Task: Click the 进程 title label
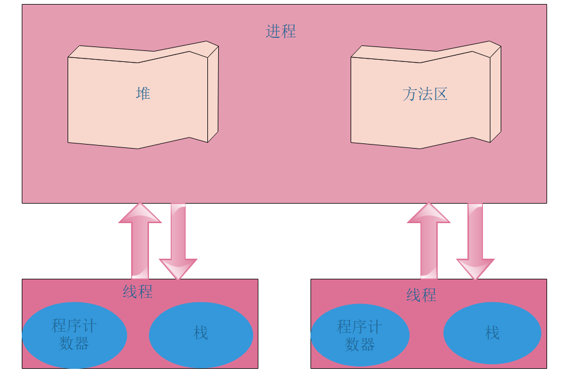(281, 31)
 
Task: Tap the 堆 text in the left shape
(143, 93)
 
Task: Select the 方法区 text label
(424, 94)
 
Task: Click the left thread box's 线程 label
(137, 291)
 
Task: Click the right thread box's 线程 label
(421, 295)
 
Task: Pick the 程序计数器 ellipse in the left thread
(74, 335)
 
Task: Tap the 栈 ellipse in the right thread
(492, 333)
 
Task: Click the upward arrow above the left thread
(140, 244)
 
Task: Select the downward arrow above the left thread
(178, 241)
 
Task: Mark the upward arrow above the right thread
(429, 244)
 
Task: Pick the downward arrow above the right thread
(475, 241)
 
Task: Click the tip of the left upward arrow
(140, 204)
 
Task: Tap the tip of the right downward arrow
(475, 278)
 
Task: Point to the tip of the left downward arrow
(178, 278)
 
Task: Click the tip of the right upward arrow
(429, 204)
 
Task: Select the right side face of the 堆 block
(213, 95)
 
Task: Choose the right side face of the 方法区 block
(496, 95)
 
